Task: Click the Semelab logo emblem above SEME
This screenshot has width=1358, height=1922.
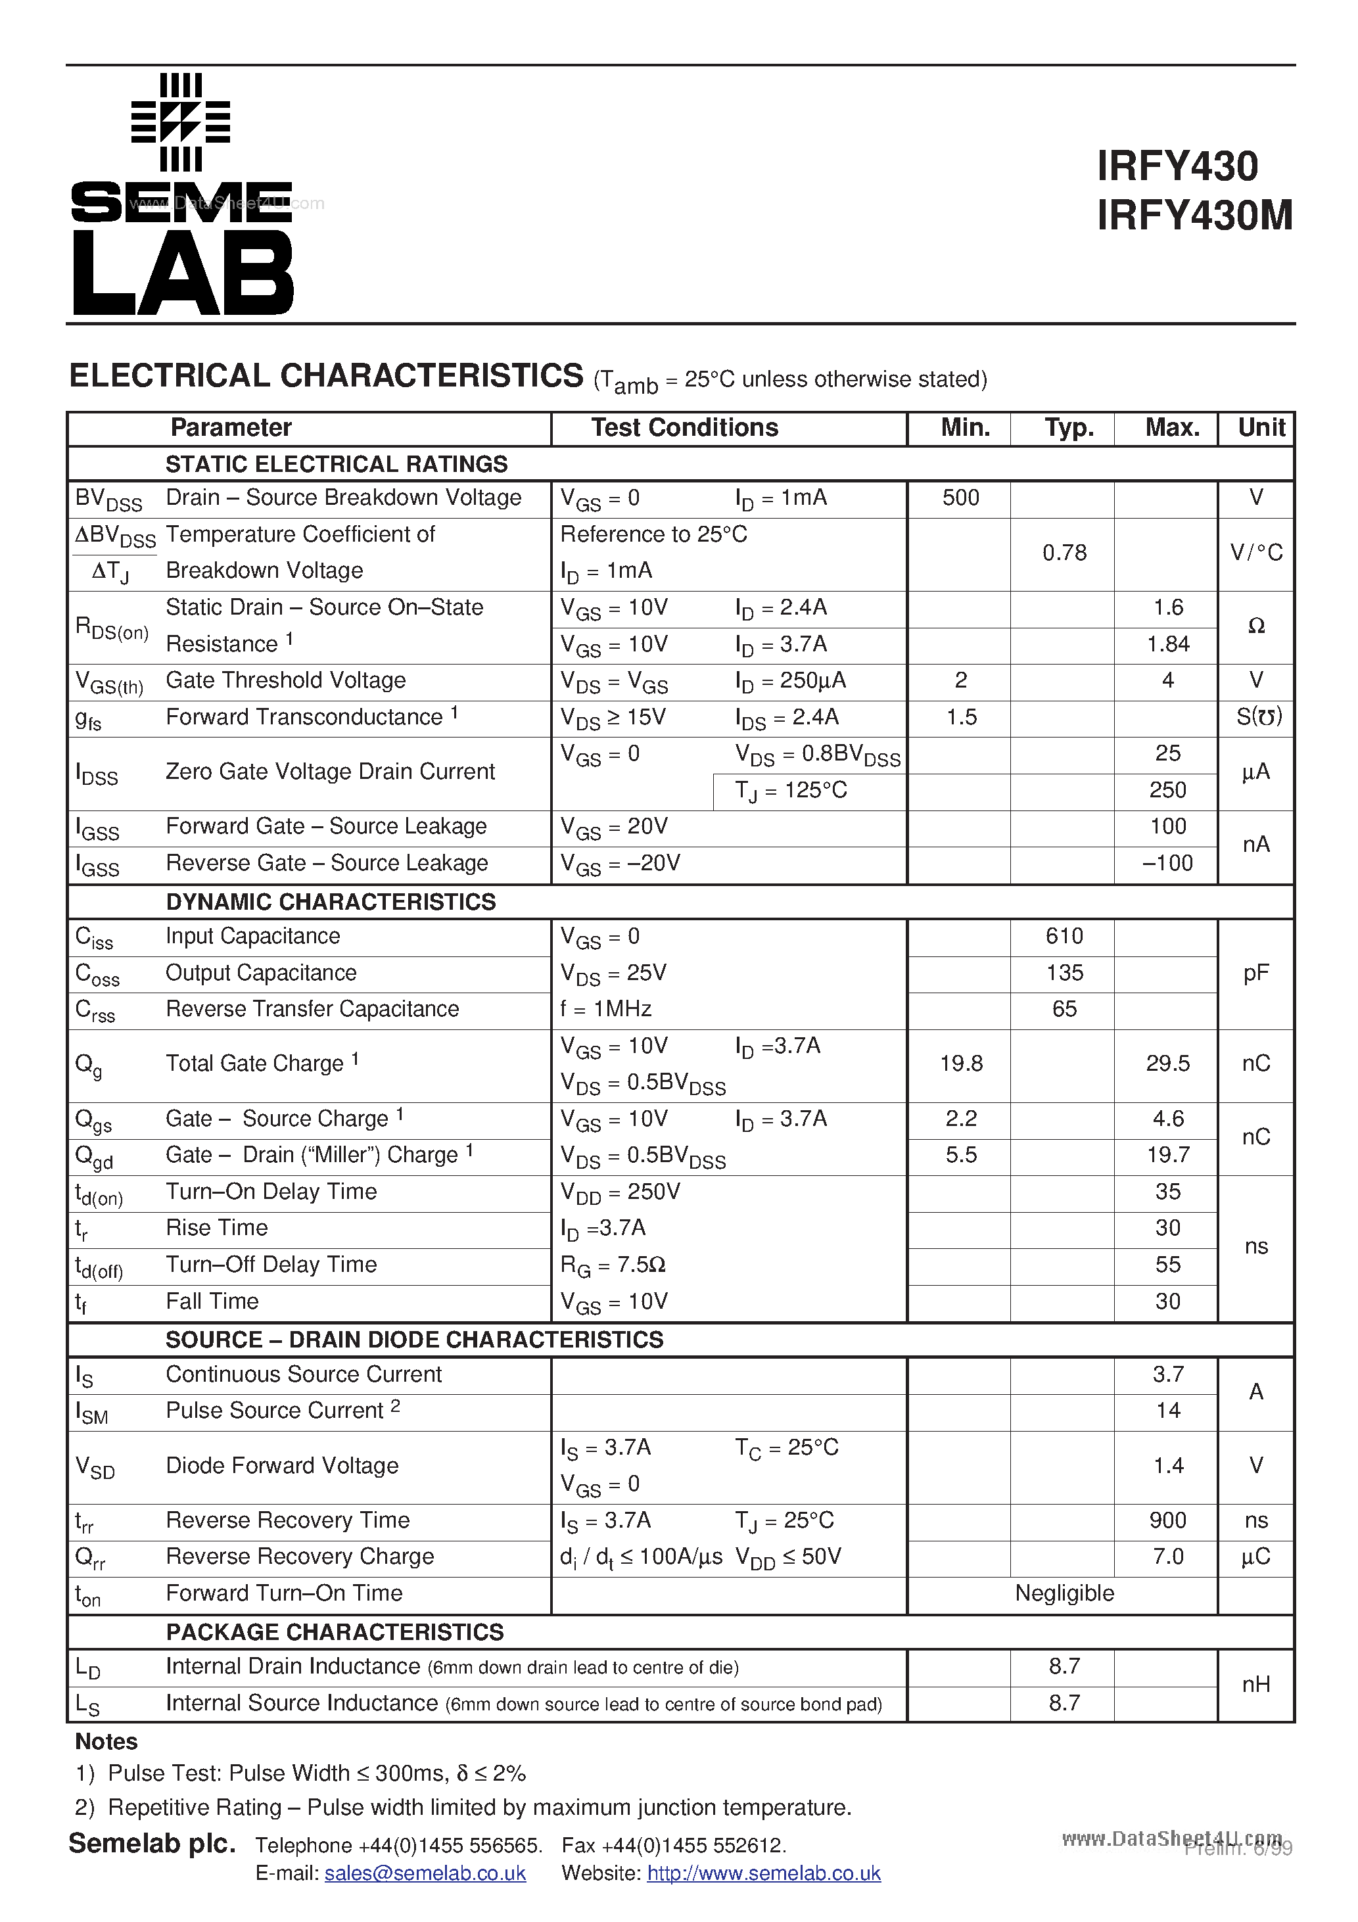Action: (x=181, y=122)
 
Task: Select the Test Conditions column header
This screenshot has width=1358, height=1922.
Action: (x=684, y=428)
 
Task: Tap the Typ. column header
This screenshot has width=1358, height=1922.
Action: (x=1068, y=428)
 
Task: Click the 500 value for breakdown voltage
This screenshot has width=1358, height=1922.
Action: (x=960, y=498)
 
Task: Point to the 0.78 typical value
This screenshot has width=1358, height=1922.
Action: (x=1064, y=553)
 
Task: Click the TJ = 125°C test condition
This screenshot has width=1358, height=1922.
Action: (x=791, y=790)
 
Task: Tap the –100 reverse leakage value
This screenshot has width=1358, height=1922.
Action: (x=1167, y=863)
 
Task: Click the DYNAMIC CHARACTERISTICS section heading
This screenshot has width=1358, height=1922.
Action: (x=331, y=902)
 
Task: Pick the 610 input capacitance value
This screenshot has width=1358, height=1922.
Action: (x=1064, y=936)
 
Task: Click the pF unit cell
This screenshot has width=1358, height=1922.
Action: (x=1256, y=973)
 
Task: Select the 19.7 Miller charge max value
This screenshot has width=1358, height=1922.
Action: (x=1168, y=1155)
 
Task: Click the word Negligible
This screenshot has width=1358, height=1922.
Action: (x=1064, y=1593)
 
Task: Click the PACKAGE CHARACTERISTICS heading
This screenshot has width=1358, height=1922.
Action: (x=335, y=1631)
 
